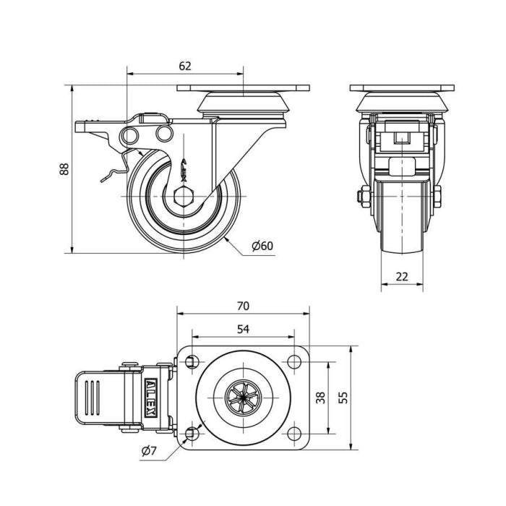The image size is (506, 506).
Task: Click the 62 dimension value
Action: pos(185,66)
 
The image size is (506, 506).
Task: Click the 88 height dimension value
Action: pos(64,169)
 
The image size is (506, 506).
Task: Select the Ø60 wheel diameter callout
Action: pos(262,246)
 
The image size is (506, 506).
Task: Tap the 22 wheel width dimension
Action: pos(402,277)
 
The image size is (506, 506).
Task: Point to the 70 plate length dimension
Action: pos(243,306)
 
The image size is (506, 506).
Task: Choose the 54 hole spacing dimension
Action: pos(243,329)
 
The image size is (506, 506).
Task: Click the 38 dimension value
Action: pos(321,398)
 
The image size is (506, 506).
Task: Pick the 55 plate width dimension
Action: pos(343,398)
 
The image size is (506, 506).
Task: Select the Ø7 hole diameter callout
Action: pos(149,451)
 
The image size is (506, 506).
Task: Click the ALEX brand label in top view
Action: pos(150,398)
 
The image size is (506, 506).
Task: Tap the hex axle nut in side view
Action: pos(184,196)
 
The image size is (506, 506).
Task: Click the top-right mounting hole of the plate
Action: pos(294,361)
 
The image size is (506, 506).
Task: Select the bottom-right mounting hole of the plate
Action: pos(294,434)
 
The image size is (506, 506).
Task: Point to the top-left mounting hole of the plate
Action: pos(192,361)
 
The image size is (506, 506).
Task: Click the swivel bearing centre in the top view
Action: pos(242,398)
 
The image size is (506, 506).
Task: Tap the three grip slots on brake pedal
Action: pos(93,398)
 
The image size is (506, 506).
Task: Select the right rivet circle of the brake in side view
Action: pos(164,133)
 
